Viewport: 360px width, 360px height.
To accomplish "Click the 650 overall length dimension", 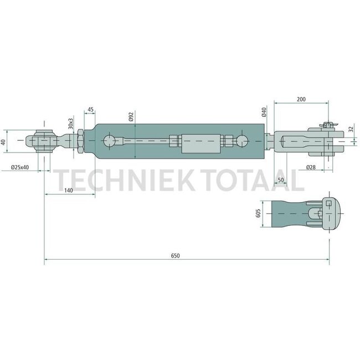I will coord(176,255).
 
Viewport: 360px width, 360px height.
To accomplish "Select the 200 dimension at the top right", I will coord(301,99).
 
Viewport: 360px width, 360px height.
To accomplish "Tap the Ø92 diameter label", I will coord(131,117).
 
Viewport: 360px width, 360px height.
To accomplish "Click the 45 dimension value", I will coord(90,110).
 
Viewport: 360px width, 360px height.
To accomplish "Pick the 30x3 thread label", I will coord(70,122).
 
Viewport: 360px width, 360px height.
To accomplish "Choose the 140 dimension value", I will coord(69,190).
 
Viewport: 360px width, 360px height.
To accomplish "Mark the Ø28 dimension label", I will coord(312,167).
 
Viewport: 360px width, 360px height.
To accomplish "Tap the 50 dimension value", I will coord(280,181).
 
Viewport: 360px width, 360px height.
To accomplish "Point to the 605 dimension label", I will coord(258,214).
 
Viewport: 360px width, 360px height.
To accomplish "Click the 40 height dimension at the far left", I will coord(4,142).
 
